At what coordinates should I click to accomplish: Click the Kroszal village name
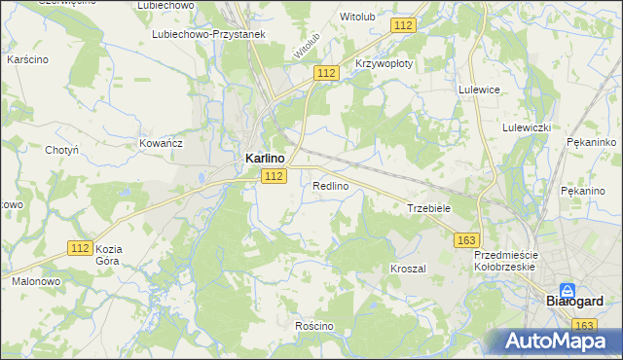point(408,268)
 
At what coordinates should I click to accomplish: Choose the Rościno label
point(314,325)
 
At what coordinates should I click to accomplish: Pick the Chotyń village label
point(61,150)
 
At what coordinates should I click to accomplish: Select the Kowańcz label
point(162,143)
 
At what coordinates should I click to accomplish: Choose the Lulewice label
point(479,89)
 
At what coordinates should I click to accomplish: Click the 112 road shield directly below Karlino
point(274,175)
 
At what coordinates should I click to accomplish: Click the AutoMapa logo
point(555,341)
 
